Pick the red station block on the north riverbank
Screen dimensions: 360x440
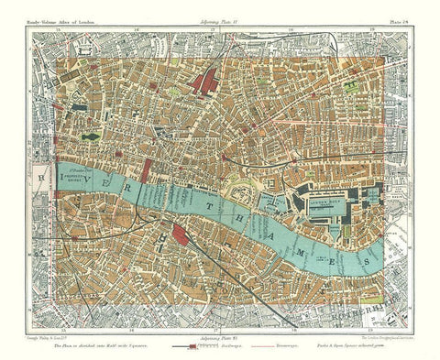click(x=147, y=169)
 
